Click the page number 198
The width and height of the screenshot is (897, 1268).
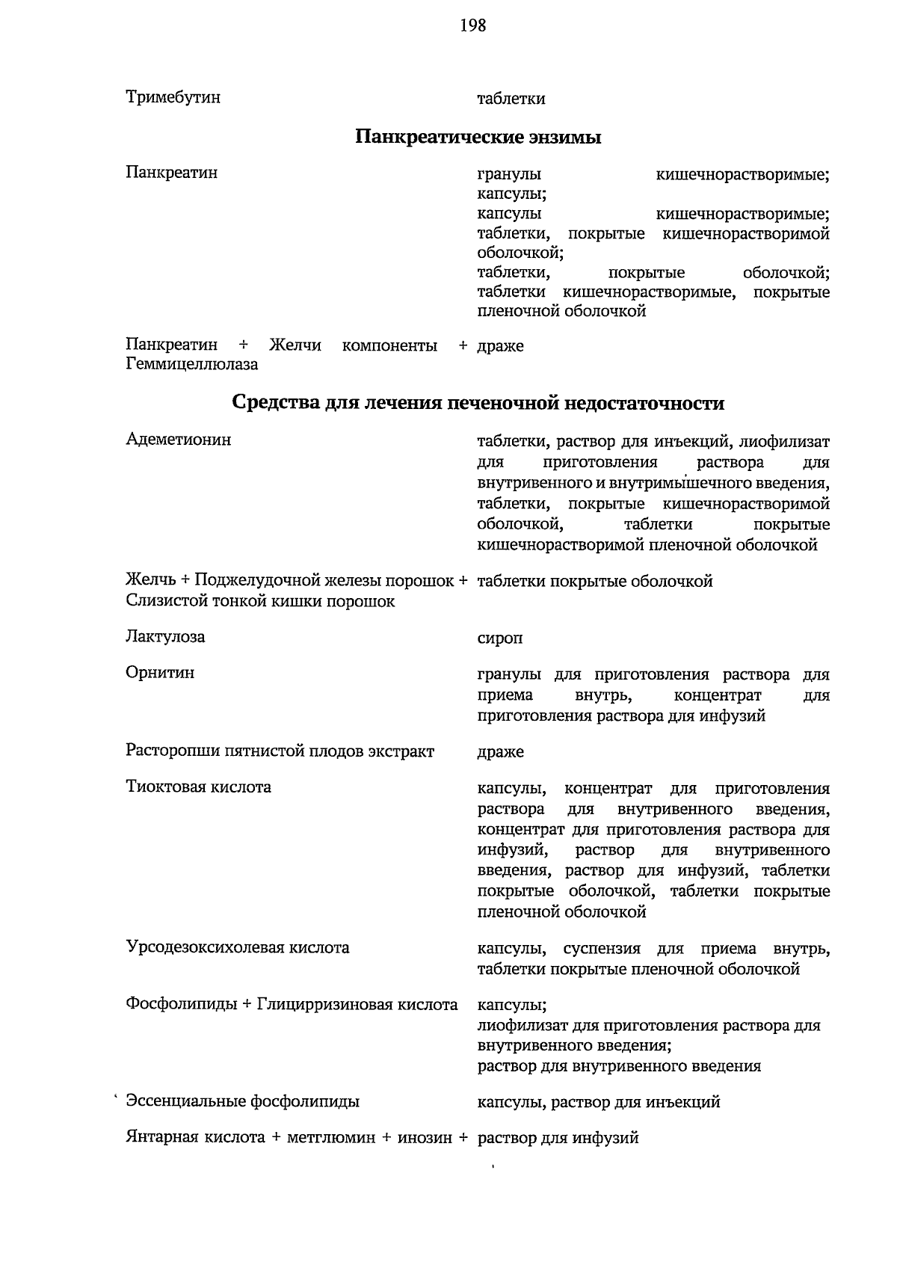click(x=473, y=26)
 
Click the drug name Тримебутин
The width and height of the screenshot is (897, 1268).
click(x=173, y=97)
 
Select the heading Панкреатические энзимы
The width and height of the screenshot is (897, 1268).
click(x=478, y=138)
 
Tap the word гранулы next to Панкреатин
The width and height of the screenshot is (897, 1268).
click(x=509, y=175)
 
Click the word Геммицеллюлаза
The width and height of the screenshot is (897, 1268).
click(x=192, y=365)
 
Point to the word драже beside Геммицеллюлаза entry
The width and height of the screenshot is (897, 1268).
click(x=500, y=346)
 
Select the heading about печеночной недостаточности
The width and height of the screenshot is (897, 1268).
click(x=478, y=403)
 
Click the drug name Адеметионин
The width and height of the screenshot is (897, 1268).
click(x=179, y=440)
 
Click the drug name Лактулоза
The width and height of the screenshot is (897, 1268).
click(x=165, y=637)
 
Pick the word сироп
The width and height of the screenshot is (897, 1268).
click(x=500, y=638)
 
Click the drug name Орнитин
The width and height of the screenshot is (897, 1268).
click(x=160, y=673)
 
